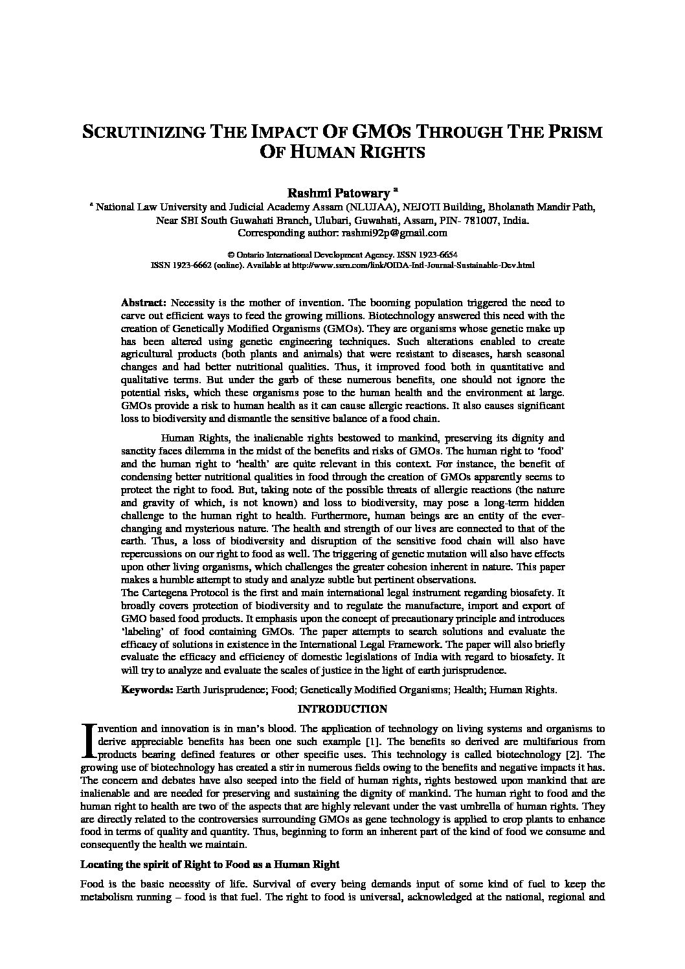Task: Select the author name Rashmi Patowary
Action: coord(339,192)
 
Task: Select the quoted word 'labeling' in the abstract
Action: coord(142,632)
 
